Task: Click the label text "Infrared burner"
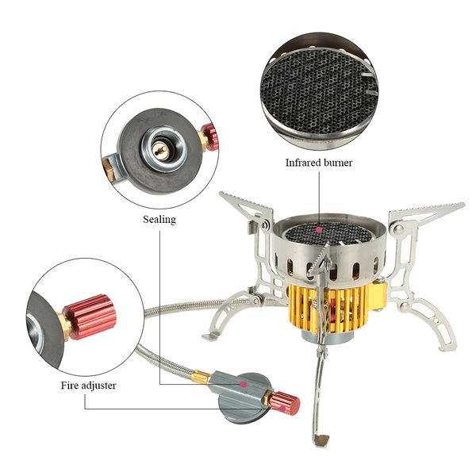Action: coord(319,163)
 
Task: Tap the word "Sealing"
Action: coord(159,218)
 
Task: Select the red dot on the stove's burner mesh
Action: coord(319,230)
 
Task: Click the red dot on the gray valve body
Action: coord(244,382)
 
